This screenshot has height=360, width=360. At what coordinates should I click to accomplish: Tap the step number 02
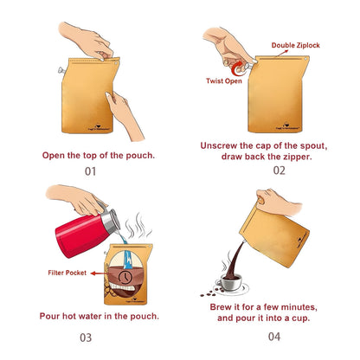(278, 170)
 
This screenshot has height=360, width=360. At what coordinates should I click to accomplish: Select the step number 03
(86, 337)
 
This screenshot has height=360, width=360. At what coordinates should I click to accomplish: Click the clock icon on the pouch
(126, 276)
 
